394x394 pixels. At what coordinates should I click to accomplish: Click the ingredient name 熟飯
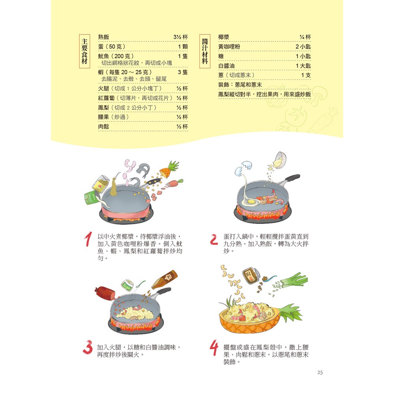click(104, 37)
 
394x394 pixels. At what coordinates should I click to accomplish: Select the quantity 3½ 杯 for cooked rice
click(180, 37)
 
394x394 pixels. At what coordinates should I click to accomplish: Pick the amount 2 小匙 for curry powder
click(303, 47)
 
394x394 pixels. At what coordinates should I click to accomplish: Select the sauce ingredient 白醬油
click(226, 66)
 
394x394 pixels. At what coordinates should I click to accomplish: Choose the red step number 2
click(214, 240)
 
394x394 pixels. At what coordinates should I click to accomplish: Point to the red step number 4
click(214, 349)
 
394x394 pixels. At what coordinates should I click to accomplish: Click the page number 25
click(320, 372)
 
